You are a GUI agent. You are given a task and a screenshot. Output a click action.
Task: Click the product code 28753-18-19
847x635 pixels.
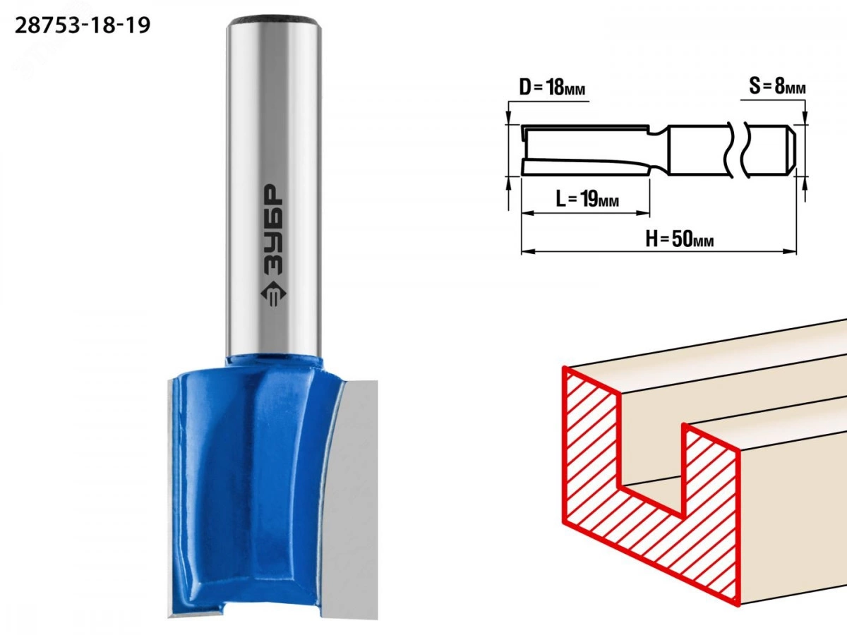pos(82,26)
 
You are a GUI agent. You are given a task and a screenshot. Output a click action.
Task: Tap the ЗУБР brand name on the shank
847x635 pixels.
pos(274,230)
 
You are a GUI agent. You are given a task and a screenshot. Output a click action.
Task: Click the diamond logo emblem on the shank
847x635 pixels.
pos(274,294)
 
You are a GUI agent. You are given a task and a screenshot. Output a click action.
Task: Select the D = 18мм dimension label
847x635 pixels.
pos(552,87)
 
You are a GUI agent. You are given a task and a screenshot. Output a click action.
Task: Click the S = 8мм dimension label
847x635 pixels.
pos(777,86)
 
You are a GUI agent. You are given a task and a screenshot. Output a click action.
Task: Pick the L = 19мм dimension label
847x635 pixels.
pos(587,199)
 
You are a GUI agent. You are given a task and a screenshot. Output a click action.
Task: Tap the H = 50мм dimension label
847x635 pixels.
pos(680,238)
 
